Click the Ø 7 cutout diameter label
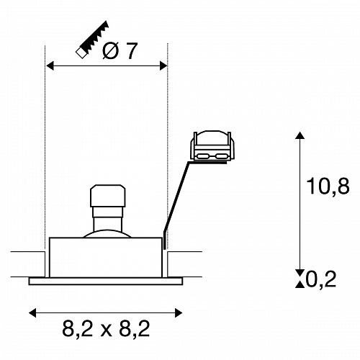tap(120, 50)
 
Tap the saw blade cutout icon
tap(92, 40)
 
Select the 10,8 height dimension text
tap(328, 186)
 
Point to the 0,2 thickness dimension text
tap(321, 279)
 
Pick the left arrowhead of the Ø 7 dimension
tap(50, 66)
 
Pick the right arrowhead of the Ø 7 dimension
tap(163, 66)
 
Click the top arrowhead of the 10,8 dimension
tap(300, 135)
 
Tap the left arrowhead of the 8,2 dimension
tap(32, 313)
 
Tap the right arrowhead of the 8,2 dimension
tap(179, 313)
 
